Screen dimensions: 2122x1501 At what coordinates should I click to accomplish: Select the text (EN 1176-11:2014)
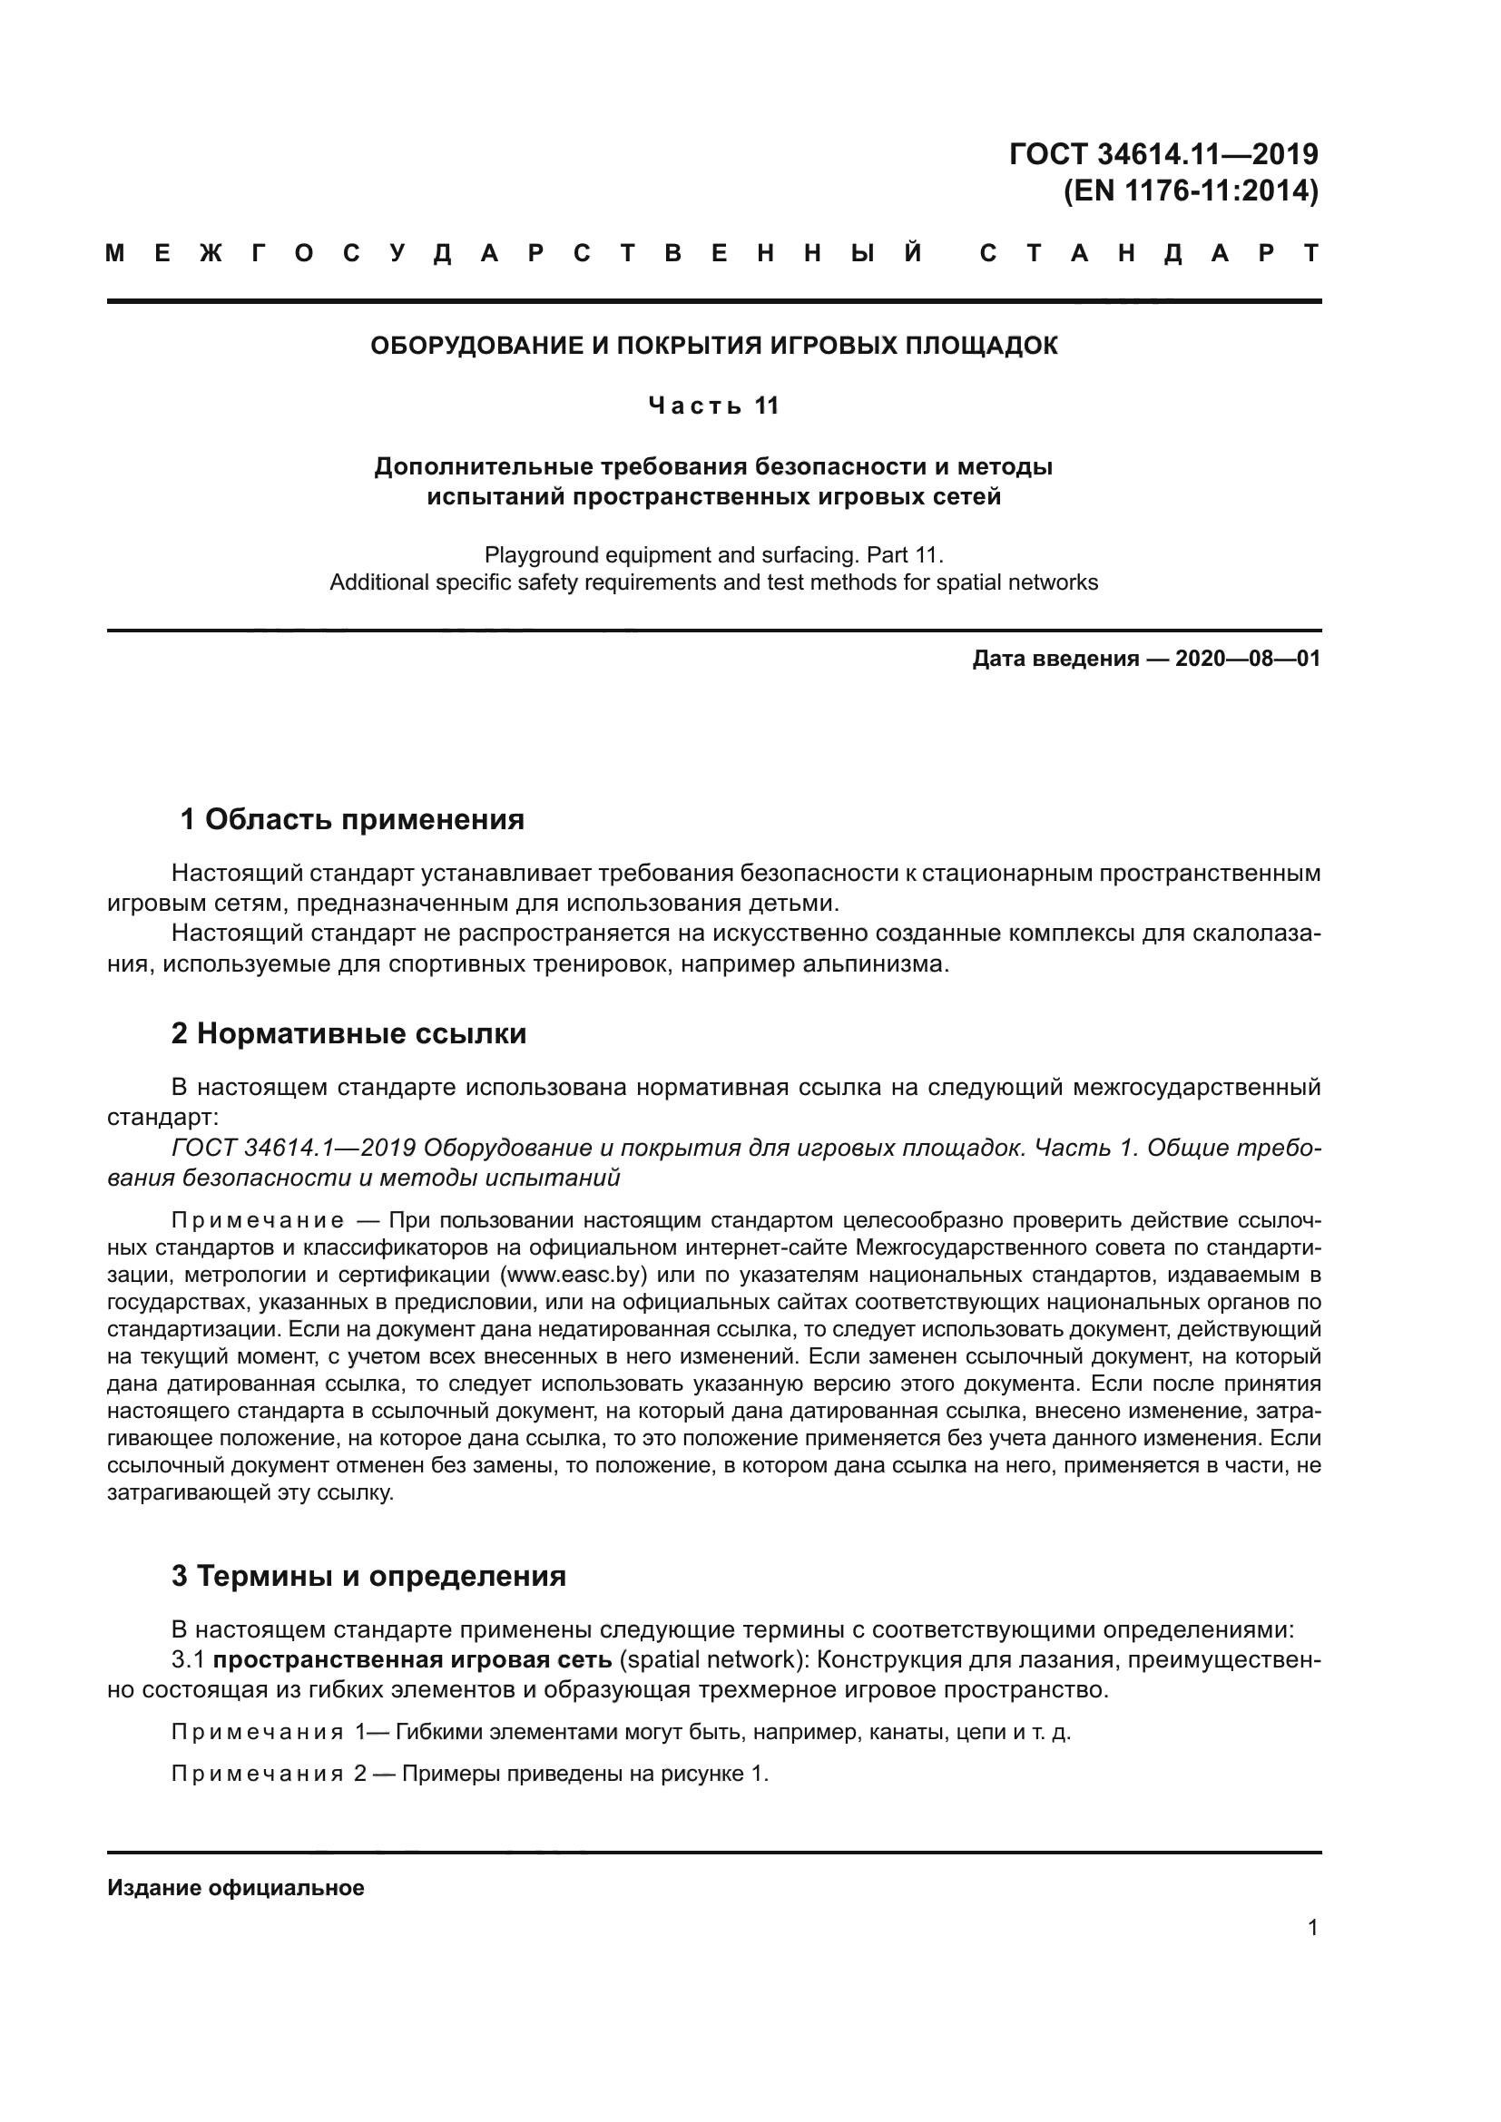click(1191, 191)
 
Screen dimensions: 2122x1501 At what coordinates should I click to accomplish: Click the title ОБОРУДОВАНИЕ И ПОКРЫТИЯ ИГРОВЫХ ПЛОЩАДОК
click(713, 346)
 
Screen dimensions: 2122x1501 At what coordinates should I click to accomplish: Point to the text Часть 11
click(713, 406)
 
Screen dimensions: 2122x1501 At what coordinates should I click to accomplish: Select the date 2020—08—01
click(1247, 659)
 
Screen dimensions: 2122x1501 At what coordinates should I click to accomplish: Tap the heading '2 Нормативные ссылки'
click(348, 1033)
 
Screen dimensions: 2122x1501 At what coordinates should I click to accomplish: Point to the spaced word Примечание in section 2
click(258, 1221)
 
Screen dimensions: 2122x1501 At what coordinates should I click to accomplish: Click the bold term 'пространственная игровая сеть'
click(412, 1660)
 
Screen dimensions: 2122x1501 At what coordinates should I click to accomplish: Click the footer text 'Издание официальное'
click(236, 1888)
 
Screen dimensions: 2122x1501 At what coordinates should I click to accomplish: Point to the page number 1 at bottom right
click(1312, 1928)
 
